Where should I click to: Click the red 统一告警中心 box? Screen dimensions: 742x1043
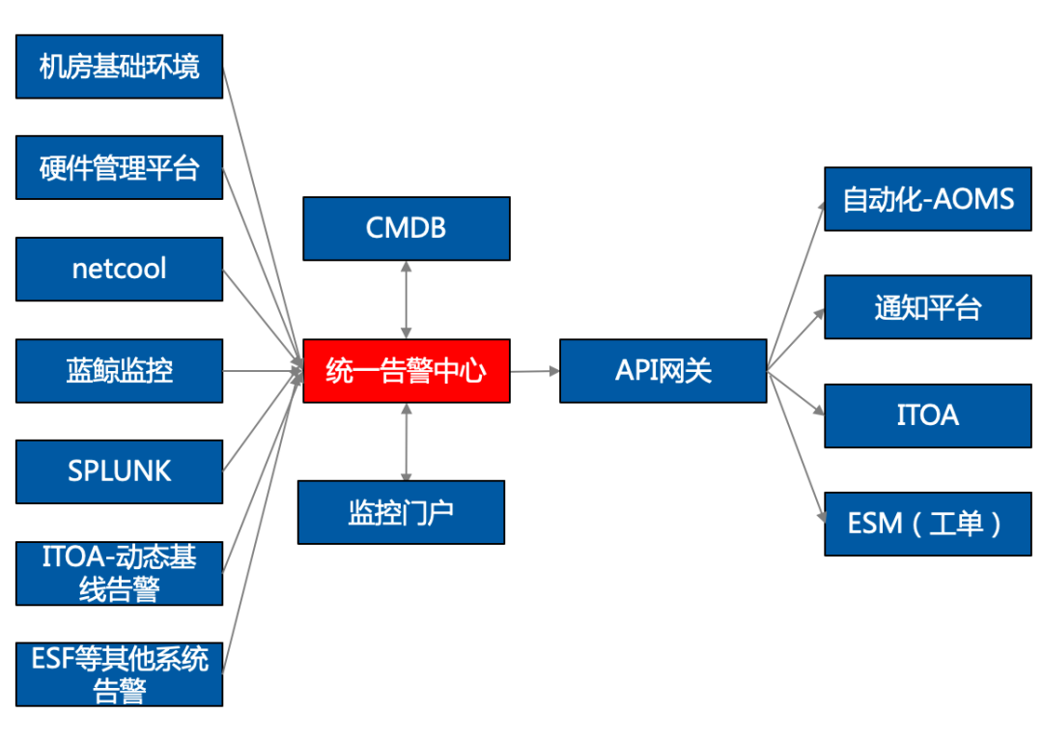(407, 371)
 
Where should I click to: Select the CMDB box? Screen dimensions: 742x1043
(407, 229)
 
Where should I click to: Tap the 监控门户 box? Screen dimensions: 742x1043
(401, 512)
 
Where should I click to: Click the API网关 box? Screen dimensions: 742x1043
(663, 371)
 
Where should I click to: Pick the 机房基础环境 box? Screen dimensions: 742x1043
(120, 67)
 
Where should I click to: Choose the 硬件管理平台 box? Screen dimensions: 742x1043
(120, 168)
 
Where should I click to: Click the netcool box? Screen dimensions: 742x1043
(120, 269)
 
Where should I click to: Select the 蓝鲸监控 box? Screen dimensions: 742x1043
(120, 370)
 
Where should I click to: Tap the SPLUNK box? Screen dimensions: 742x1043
(120, 471)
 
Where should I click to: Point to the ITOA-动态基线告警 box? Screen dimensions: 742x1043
(120, 573)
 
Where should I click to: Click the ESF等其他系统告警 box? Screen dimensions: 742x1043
(120, 673)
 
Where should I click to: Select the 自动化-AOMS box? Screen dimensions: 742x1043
(928, 199)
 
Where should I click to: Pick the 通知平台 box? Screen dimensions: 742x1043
(928, 307)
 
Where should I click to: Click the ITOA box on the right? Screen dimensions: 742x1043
(928, 415)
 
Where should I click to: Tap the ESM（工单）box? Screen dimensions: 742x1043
(928, 524)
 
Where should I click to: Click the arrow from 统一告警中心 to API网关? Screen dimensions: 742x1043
(534, 371)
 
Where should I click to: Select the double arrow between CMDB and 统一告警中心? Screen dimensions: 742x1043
(407, 300)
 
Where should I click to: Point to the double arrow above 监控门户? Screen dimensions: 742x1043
(407, 442)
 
